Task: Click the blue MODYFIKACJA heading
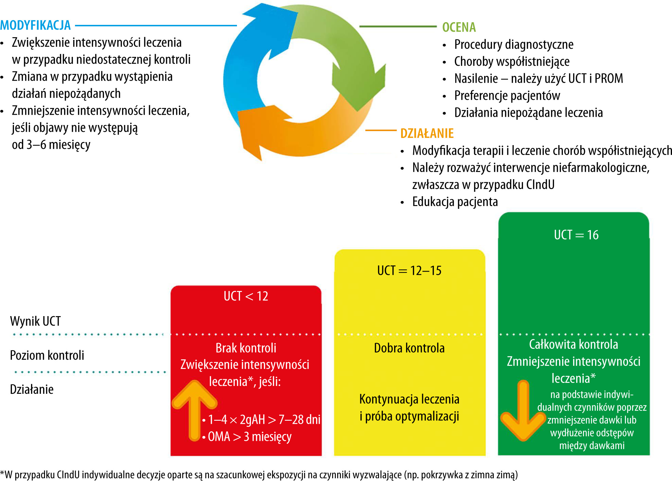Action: [35, 25]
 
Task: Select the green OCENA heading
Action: [459, 27]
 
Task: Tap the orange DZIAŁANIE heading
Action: [427, 133]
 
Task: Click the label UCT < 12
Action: [246, 296]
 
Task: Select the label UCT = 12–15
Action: [409, 270]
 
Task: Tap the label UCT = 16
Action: [576, 235]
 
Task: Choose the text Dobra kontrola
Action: [409, 348]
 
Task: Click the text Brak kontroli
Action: [246, 348]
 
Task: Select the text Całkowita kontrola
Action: [573, 344]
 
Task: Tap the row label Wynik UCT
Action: [35, 321]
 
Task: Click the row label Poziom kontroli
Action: [47, 355]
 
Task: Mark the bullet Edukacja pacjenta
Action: [455, 202]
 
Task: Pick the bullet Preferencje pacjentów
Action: [507, 96]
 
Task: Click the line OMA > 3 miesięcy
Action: [250, 436]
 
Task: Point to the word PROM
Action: [609, 79]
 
